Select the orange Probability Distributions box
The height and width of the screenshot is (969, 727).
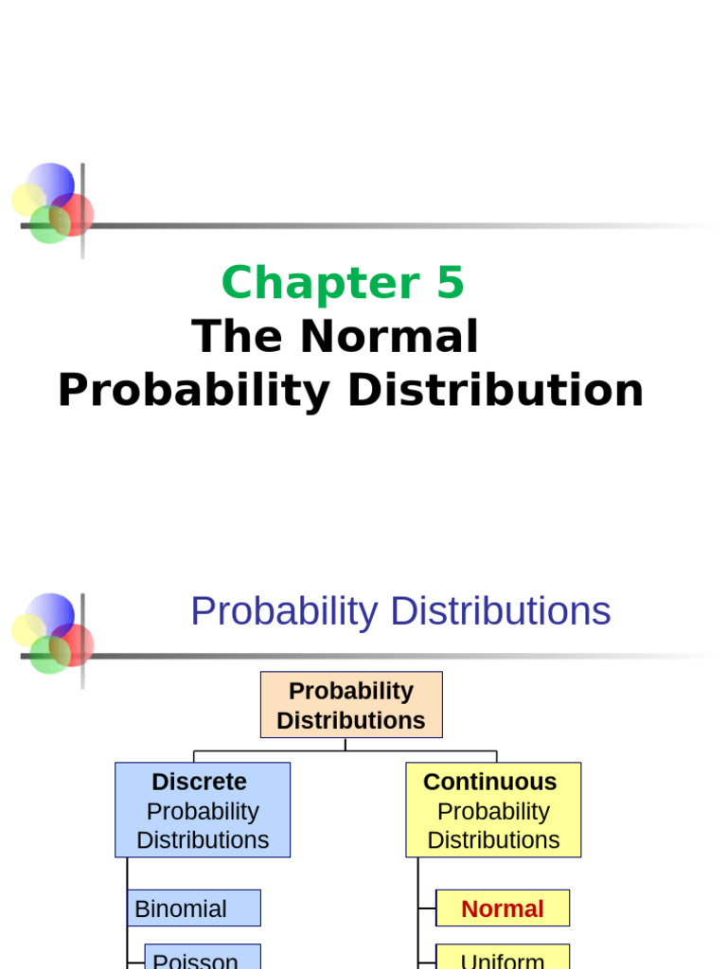(351, 705)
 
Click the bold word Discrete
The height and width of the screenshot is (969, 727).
(199, 782)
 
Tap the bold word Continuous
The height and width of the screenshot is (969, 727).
(489, 782)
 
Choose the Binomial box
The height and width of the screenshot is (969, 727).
(193, 908)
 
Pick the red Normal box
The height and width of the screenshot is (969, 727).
(502, 908)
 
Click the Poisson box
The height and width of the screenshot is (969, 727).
(202, 958)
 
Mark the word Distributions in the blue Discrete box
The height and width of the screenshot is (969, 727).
(203, 840)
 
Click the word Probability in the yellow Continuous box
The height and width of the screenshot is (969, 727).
(493, 811)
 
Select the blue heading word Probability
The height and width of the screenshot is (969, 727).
(284, 611)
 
